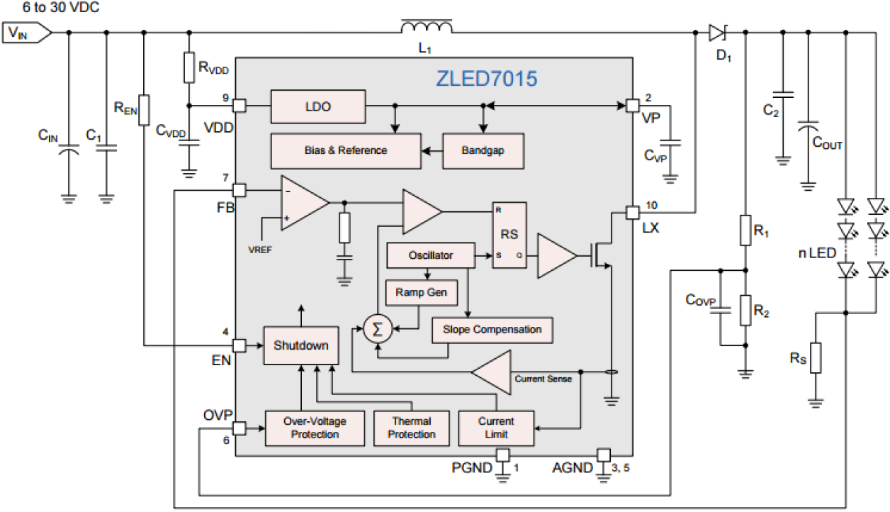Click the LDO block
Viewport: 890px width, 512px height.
(318, 106)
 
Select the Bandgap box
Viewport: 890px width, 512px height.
(483, 151)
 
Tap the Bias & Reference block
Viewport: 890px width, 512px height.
(346, 150)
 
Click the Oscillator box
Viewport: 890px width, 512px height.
(430, 255)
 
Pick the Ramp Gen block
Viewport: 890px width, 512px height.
(421, 292)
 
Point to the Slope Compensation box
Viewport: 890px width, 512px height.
(492, 329)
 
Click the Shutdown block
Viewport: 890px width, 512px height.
(300, 345)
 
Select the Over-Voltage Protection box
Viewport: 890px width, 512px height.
(315, 428)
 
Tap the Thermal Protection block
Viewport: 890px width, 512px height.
(411, 428)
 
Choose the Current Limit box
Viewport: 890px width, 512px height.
(496, 428)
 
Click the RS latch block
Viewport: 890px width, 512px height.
(509, 235)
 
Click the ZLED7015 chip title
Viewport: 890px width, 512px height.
(485, 79)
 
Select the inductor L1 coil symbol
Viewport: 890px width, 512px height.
(426, 28)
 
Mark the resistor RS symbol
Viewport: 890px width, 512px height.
(816, 358)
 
